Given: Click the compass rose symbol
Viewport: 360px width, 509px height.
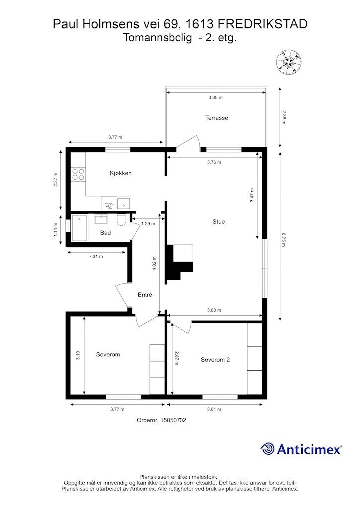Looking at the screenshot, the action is click(288, 62).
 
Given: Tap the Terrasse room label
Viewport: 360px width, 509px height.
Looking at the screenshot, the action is click(216, 118).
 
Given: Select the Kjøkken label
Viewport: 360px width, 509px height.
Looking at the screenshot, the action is click(121, 173).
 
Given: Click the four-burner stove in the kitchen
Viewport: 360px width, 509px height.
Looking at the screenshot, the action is click(78, 173).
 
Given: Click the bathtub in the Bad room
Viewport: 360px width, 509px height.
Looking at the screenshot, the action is click(79, 228).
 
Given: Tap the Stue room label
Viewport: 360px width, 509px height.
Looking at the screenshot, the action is click(218, 222).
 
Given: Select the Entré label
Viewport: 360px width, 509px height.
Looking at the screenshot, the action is click(145, 295).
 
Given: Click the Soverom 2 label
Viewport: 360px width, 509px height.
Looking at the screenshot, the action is click(215, 360).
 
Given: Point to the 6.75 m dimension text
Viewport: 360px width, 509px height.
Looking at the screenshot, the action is click(284, 239).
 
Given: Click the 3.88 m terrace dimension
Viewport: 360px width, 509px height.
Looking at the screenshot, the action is click(215, 97).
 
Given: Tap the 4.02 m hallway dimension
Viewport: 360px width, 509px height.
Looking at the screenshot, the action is click(154, 263).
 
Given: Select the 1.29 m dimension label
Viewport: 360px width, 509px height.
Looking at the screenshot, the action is click(148, 223).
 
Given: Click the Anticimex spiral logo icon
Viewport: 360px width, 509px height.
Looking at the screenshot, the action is click(268, 449).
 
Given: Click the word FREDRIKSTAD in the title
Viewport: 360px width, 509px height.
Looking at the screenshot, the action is click(262, 24).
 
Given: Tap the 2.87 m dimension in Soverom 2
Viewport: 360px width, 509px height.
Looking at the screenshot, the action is click(176, 358).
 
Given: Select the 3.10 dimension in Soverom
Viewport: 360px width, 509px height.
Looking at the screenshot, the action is click(78, 356).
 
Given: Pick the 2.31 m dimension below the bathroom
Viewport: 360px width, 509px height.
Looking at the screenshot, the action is click(96, 257).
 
